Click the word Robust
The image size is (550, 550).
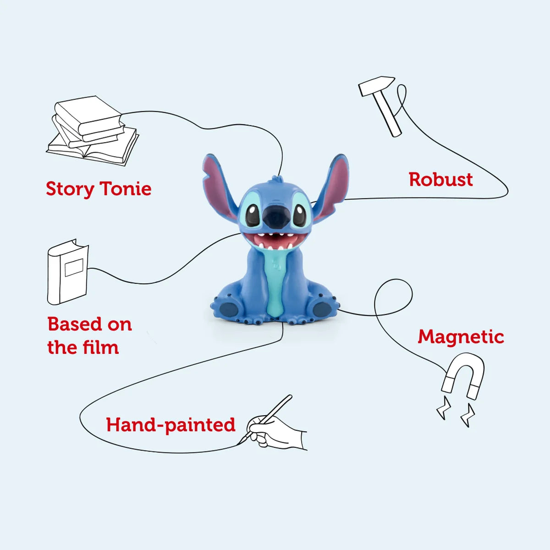pyautogui.click(x=440, y=180)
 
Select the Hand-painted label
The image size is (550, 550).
pyautogui.click(x=170, y=425)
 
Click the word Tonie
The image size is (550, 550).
pyautogui.click(x=126, y=189)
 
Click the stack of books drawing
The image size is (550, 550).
pyautogui.click(x=93, y=131)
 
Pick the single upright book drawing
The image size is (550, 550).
pyautogui.click(x=68, y=272)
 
